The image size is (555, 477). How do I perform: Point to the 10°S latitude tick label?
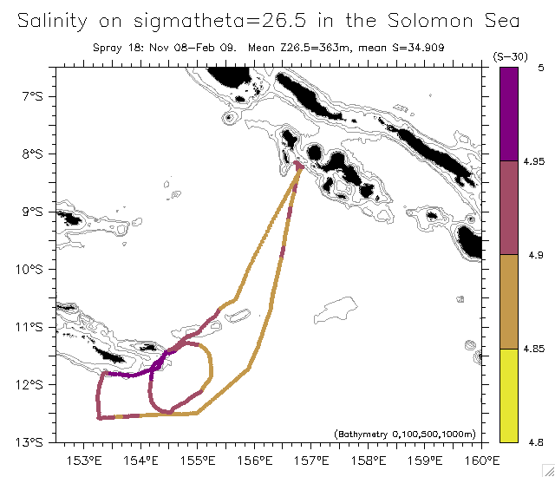tap(29, 269)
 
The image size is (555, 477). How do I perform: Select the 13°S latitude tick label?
tap(29, 441)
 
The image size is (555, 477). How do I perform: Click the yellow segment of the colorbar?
tap(509, 395)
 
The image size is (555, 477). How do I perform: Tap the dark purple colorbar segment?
tap(509, 114)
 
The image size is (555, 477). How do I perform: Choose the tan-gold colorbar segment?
tap(509, 301)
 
